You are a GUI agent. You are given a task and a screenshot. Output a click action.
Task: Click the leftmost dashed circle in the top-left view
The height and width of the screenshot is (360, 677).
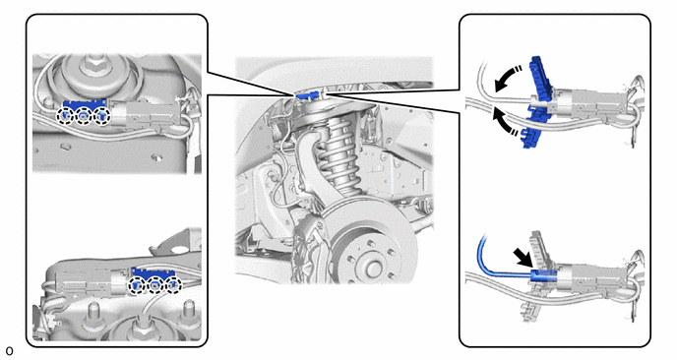coord(65,116)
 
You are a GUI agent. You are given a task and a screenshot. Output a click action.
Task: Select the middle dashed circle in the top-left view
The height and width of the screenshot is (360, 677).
coord(84,116)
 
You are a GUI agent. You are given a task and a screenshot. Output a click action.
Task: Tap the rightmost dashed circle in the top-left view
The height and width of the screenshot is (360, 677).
coord(102,116)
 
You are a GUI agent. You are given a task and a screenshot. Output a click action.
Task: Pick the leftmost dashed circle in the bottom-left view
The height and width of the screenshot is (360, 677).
coord(138,285)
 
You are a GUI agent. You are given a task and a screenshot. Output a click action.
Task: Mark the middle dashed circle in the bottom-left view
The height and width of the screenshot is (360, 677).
coord(155,285)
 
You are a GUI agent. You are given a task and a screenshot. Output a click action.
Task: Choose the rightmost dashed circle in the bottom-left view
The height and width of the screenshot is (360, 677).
coord(173,285)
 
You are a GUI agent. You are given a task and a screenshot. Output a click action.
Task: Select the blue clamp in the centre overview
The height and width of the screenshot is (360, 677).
coord(307,94)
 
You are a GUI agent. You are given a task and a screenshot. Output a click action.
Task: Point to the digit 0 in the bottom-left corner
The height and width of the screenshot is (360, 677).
coord(9,351)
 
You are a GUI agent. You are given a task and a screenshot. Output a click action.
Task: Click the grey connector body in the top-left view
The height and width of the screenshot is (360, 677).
coord(147,114)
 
